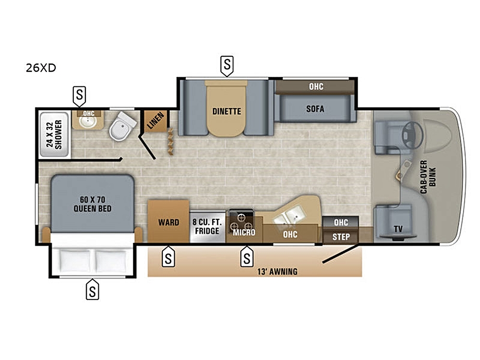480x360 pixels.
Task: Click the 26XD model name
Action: [41, 68]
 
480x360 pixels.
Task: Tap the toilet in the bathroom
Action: [123, 126]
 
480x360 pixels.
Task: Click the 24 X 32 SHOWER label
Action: [54, 134]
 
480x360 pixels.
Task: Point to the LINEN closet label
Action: [156, 120]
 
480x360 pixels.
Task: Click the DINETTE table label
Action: [227, 111]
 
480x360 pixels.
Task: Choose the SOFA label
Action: [315, 108]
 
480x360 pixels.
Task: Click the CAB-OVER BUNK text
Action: [428, 177]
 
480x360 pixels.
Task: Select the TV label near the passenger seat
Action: [398, 228]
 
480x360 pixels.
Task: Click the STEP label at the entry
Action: [341, 237]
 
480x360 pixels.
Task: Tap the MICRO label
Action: [244, 232]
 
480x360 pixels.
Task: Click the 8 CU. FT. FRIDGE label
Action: [207, 226]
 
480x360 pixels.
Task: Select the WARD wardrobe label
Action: [168, 222]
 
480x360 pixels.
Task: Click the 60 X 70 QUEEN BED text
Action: [93, 204]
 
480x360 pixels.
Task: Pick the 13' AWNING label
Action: [277, 272]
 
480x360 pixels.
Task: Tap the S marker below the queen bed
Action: [92, 289]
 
